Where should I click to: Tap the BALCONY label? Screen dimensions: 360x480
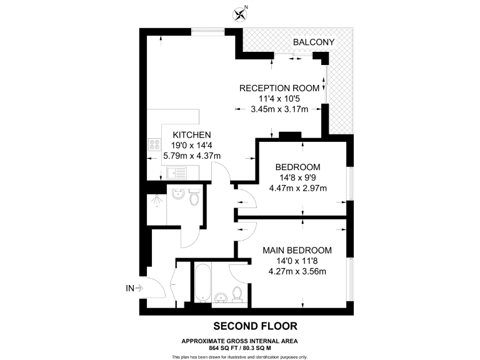[x=314, y=42]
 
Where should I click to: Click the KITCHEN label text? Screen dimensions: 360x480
[x=192, y=134]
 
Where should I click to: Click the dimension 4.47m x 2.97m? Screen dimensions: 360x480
[x=297, y=188]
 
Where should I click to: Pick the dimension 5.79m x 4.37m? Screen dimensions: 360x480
[x=192, y=156]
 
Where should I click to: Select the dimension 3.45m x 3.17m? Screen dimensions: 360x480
[x=279, y=109]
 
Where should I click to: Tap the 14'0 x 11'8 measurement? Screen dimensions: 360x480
[x=297, y=261]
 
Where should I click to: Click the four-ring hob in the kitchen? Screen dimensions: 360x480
[x=154, y=146]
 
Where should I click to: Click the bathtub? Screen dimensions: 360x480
[x=202, y=282]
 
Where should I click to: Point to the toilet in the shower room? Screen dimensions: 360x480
[x=194, y=198]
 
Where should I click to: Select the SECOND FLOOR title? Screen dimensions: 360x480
[x=255, y=326]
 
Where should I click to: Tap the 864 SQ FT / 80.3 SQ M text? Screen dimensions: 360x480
[x=239, y=347]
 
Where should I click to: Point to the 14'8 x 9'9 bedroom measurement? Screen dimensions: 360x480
[x=297, y=177]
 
